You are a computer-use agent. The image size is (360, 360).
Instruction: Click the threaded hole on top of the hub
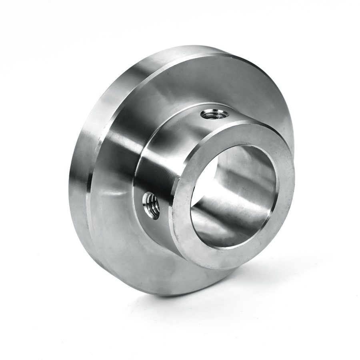click(214, 115)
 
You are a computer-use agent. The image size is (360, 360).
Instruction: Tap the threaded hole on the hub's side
click(152, 205)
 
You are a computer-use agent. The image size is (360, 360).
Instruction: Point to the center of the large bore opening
click(234, 196)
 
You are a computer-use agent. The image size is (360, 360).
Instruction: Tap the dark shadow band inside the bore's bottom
click(224, 236)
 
